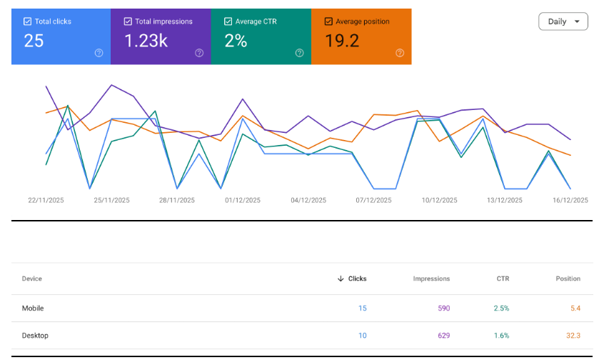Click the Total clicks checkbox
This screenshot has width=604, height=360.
(27, 21)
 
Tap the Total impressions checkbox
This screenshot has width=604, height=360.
(127, 21)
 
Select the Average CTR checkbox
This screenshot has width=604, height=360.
(228, 21)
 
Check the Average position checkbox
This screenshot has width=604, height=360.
(328, 21)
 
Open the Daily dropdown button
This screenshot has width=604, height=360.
(563, 21)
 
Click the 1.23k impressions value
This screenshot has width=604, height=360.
(146, 41)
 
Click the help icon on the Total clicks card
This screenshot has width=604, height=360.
(99, 53)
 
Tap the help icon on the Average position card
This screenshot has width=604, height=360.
(399, 53)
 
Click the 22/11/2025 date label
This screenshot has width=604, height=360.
(46, 201)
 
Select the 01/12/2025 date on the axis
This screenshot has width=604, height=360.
(243, 201)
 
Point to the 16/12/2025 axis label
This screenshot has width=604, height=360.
(570, 201)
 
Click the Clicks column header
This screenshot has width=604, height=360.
(357, 279)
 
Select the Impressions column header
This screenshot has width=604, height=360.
(431, 279)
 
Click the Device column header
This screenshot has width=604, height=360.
(32, 279)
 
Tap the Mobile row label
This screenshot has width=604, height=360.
(33, 309)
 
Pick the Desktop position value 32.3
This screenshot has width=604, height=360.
(573, 336)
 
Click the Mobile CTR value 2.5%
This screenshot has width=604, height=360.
(501, 309)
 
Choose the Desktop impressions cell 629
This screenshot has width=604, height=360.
(442, 336)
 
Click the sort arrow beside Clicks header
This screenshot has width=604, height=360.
(341, 279)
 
